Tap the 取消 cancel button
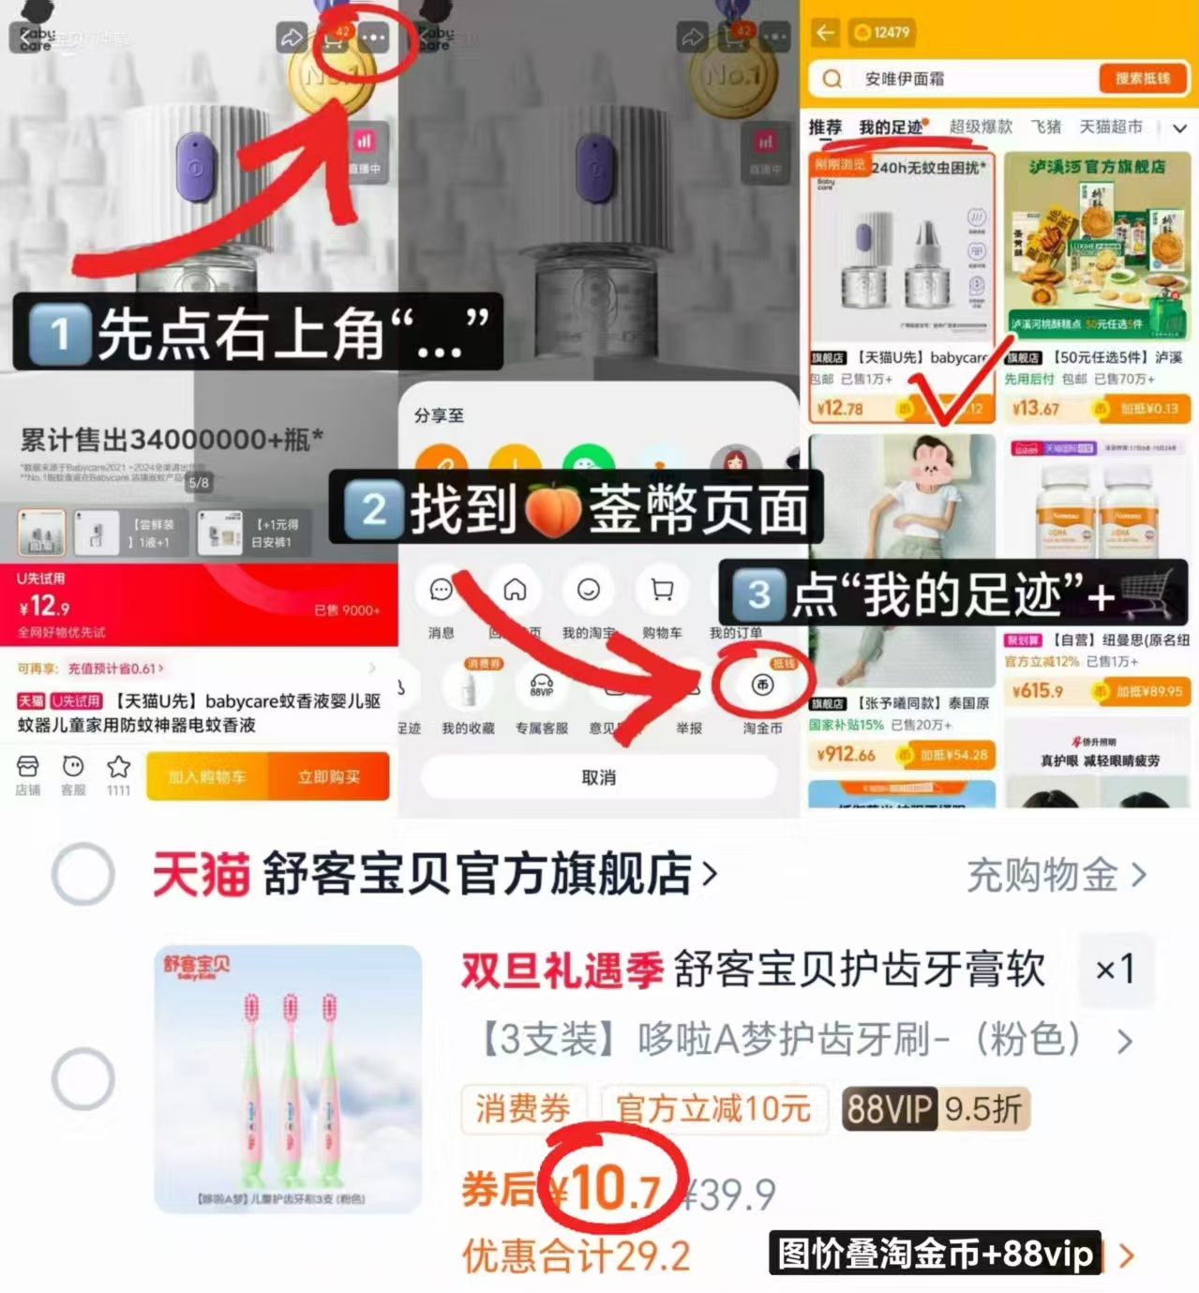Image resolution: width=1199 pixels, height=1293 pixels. pos(598,777)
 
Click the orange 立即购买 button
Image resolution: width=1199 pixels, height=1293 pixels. pos(328,776)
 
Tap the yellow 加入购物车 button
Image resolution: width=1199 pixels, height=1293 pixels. pos(207,776)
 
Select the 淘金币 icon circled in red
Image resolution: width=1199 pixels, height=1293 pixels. pos(762,685)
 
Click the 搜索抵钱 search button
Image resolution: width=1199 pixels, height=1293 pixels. pos(1142,79)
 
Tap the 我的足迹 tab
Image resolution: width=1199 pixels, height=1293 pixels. pos(891,127)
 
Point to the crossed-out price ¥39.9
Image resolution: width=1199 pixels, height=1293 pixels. pos(730,1195)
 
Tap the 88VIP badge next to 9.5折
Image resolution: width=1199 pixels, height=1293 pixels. pos(889,1109)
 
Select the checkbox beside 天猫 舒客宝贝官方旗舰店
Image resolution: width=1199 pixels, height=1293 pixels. pos(83,874)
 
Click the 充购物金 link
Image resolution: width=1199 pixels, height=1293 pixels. pos(1056,875)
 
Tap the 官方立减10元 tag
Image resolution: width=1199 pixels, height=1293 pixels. pos(712,1109)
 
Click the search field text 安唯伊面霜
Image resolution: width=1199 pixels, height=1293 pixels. pos(904,79)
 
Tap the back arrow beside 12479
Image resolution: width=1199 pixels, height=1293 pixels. pos(825,33)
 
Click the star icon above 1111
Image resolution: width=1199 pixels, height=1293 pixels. pos(118,767)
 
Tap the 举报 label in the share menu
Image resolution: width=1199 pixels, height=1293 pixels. pos(689,728)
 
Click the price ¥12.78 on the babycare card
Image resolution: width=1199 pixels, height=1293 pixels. pos(839,408)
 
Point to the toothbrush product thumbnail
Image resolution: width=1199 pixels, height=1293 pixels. pos(288,1078)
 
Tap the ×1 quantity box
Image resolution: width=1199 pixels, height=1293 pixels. pos(1115,969)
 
